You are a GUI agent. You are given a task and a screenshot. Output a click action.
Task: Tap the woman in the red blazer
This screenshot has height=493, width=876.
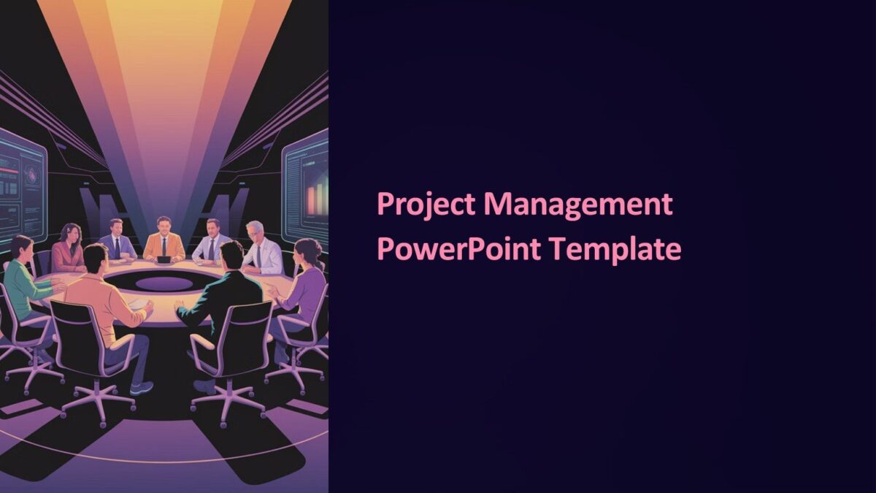(x=69, y=248)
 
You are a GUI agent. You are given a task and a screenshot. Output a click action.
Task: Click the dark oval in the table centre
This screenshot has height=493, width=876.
(x=164, y=282)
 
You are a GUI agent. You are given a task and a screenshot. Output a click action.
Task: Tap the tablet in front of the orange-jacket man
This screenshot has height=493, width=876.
(x=164, y=259)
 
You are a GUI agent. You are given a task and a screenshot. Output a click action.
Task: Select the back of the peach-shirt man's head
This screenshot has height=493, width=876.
(x=96, y=258)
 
